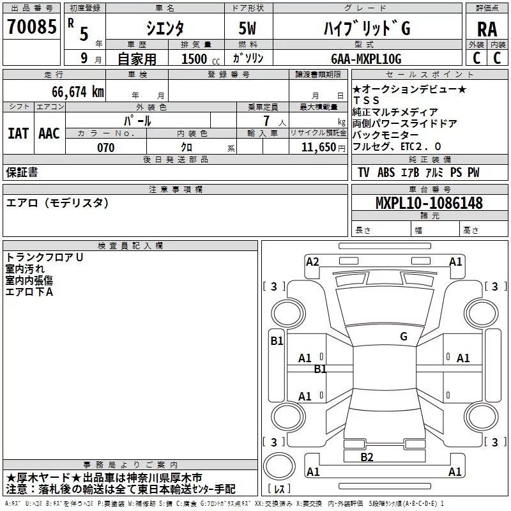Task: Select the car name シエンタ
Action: pos(165,28)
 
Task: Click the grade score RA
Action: pos(487,29)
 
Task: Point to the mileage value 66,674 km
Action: pos(70,92)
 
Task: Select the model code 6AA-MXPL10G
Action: pos(366,59)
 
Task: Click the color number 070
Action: pos(105,148)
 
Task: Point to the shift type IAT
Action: pos(19,133)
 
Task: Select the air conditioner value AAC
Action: pos(49,133)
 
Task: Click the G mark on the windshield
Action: pos(404,336)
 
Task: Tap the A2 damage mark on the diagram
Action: pos(312,261)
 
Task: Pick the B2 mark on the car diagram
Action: pos(367,457)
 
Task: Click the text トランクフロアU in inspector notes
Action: pos(45,257)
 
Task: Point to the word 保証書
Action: pos(22,172)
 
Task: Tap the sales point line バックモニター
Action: pos(385,135)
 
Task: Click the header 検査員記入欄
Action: pos(130,245)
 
